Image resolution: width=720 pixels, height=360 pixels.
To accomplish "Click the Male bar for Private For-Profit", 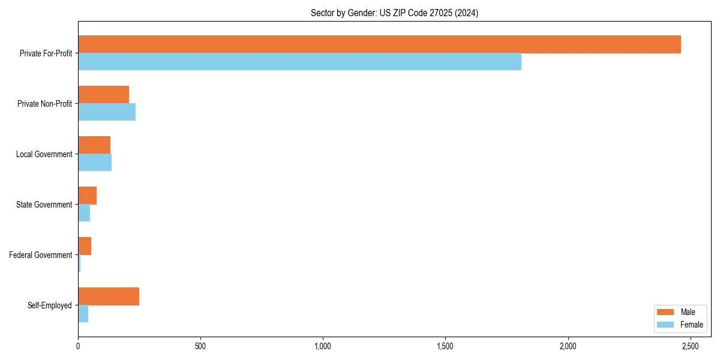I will coord(379,44).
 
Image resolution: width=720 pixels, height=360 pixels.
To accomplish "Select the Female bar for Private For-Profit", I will coord(299,62).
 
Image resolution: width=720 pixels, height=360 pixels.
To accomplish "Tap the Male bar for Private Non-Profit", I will coord(103,95).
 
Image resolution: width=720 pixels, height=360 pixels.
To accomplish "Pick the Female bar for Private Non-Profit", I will coord(107,112).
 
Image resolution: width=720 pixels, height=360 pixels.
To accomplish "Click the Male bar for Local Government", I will coord(94,145).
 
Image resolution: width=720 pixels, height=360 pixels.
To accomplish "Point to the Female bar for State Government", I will coord(84,213).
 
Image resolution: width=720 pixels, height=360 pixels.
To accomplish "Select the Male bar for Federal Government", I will coord(85,246).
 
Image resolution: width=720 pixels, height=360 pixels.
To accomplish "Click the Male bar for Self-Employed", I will coord(109,296).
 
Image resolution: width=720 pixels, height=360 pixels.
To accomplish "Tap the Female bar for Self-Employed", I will coord(83,314).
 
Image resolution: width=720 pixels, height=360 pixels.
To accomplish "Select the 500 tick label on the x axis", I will coord(200,347).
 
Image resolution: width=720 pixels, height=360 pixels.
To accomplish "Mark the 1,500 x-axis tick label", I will coord(445,347).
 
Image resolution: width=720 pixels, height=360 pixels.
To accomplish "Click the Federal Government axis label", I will coord(41,255).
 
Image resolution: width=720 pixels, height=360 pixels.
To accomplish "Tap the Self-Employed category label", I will coord(50,305).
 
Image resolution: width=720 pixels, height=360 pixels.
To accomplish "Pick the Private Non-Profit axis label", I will coord(44,104).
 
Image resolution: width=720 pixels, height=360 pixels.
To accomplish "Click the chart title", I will coord(394,13).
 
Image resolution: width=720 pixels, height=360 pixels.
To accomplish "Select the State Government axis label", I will coord(44,205).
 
